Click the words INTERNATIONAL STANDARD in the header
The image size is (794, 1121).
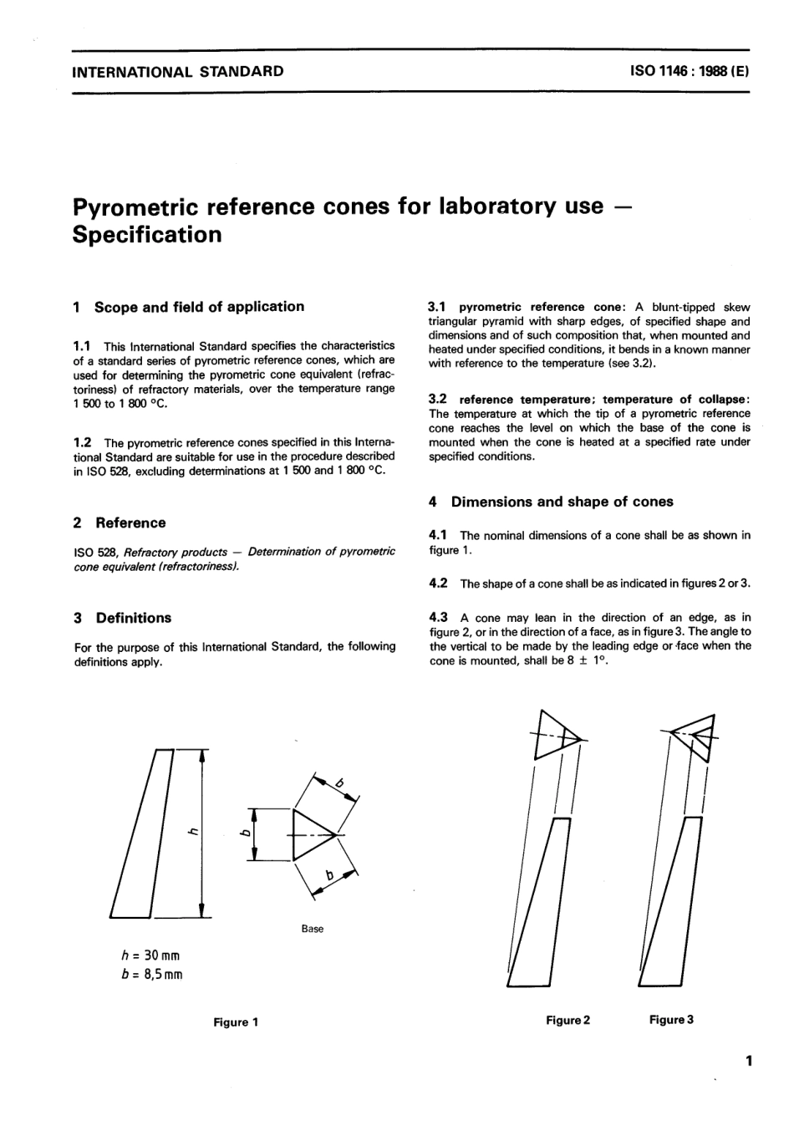pos(178,71)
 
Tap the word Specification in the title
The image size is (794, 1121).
pos(147,235)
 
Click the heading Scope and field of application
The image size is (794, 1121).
pos(199,307)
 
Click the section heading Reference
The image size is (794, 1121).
pos(130,523)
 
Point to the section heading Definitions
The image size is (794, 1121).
pos(133,619)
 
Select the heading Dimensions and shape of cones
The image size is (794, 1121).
pos(562,502)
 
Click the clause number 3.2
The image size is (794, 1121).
pos(439,399)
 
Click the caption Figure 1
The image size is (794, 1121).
pos(236,1022)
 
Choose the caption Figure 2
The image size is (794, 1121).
pos(568,1020)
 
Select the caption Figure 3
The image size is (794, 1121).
pos(671,1020)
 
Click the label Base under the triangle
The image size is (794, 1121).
pos(312,929)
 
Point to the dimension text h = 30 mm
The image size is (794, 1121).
pos(150,955)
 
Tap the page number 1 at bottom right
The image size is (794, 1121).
pos(749,1062)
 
